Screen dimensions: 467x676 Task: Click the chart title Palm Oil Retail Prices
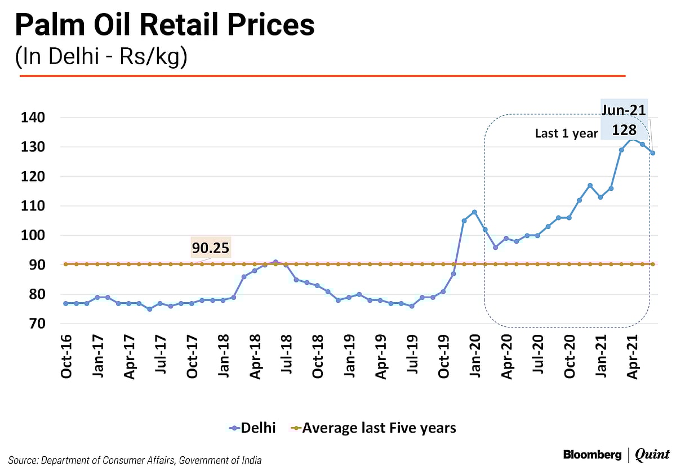pyautogui.click(x=164, y=27)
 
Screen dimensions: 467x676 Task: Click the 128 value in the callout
pyautogui.click(x=624, y=130)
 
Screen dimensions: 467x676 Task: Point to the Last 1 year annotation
pyautogui.click(x=566, y=134)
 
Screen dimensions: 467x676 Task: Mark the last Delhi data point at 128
pyautogui.click(x=653, y=153)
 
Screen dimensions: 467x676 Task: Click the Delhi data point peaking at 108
pyautogui.click(x=474, y=212)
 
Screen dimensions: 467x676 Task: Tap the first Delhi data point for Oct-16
pyautogui.click(x=66, y=303)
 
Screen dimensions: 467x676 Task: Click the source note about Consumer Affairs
pyautogui.click(x=135, y=460)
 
